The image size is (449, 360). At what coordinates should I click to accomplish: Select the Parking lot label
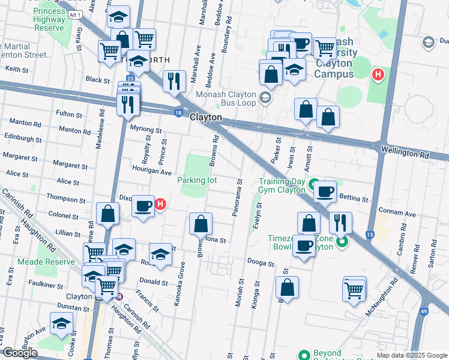(x=196, y=180)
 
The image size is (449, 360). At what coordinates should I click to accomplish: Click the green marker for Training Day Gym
(x=313, y=182)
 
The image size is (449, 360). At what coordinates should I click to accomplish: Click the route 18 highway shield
(x=178, y=112)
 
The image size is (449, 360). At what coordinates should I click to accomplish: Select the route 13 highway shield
(x=370, y=234)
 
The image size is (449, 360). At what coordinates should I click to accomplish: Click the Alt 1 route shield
(x=75, y=14)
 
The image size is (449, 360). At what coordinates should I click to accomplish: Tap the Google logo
(x=20, y=353)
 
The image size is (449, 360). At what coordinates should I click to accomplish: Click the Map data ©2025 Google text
(x=411, y=355)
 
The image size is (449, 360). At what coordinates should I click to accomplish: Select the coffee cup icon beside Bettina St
(x=325, y=191)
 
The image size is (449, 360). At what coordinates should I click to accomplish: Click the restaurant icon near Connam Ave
(x=340, y=223)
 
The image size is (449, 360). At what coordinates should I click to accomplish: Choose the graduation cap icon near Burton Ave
(x=61, y=323)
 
